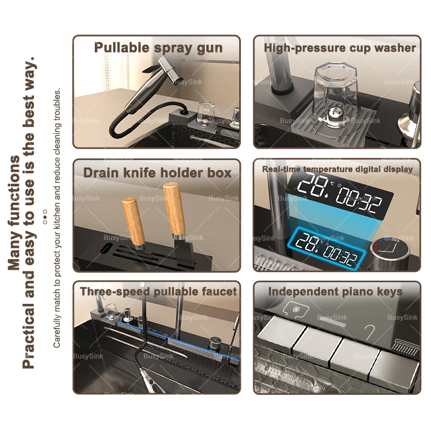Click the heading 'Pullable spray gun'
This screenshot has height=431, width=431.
coord(158,48)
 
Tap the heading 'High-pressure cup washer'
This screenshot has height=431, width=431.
coord(340,48)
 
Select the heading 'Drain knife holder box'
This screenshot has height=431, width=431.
coord(157,173)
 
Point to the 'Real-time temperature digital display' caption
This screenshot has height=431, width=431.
coord(338,169)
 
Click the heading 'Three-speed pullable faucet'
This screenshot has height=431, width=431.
coord(158,291)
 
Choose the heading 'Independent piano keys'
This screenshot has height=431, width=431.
coord(335,291)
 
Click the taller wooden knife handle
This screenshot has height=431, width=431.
coord(173,210)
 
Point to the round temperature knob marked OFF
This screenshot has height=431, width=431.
coord(390,251)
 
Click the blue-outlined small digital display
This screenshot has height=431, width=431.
coord(329,249)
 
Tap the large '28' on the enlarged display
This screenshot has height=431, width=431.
coord(313,186)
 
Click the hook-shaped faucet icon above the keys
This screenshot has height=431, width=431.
coord(370,332)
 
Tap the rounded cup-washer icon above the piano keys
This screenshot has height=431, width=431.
coord(295,310)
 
